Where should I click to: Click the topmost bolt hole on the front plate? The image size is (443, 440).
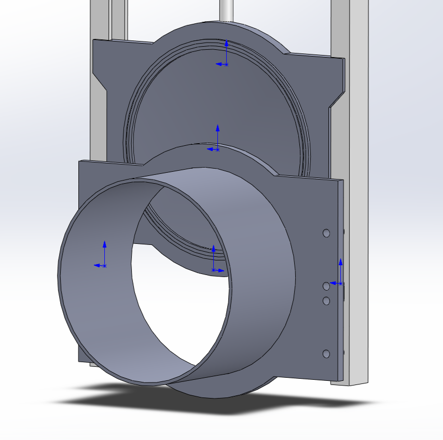coord(326,233)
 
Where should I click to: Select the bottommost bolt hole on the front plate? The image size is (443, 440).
coord(326,354)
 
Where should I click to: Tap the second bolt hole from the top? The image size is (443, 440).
coord(326,286)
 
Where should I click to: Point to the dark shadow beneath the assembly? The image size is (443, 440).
coord(130,403)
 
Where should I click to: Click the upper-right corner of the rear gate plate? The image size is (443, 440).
coord(343,60)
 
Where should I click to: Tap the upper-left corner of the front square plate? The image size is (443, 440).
coord(79,162)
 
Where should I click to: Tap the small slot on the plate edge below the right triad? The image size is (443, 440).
coord(343,294)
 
